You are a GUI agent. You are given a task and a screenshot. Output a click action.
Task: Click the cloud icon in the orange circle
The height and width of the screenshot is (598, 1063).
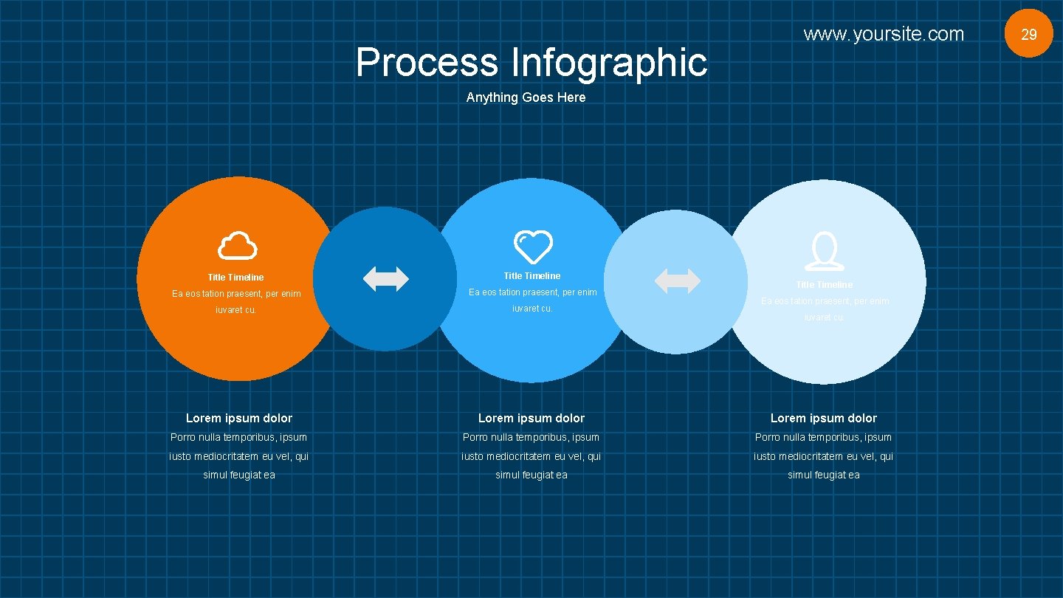[x=238, y=245]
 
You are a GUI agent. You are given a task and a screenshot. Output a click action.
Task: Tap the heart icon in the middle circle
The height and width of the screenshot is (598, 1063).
[x=533, y=247]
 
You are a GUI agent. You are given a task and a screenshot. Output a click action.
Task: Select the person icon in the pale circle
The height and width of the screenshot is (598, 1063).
[x=824, y=252]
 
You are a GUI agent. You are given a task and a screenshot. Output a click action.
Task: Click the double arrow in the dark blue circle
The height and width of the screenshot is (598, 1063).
[x=386, y=279]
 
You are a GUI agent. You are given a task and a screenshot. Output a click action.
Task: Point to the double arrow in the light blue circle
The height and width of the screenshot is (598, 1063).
[x=678, y=281]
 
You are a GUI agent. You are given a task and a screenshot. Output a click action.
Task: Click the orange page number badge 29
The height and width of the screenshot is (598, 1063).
[x=1028, y=34]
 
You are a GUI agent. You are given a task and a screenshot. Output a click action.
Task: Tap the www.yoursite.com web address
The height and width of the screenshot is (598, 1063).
[x=884, y=34]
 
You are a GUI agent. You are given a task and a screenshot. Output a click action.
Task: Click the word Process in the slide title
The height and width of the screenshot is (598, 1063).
[x=427, y=62]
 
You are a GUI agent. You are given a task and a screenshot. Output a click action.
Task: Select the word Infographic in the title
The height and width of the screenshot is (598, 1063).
[x=609, y=62]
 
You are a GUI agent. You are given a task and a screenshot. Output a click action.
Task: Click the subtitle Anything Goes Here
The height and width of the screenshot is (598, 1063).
[x=526, y=97]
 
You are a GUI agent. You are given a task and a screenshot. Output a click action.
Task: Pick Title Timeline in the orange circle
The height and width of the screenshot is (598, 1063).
[x=235, y=278]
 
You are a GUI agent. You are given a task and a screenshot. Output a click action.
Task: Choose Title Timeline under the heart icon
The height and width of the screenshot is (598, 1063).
[x=532, y=276]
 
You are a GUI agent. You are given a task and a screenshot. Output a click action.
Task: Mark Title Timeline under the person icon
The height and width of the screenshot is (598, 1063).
[x=824, y=285]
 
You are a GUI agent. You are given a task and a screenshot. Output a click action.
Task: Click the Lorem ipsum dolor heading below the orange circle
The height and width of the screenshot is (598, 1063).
[x=239, y=419]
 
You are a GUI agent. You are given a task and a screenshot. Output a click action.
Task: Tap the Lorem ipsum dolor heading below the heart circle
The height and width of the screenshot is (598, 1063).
[x=531, y=419]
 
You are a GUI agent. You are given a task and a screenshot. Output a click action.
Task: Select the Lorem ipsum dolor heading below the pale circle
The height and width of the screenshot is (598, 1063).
[x=824, y=419]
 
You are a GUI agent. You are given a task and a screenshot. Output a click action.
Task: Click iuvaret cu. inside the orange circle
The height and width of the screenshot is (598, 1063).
[x=235, y=310]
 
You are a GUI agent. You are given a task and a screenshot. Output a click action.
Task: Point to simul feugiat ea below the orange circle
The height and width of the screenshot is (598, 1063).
[x=239, y=475]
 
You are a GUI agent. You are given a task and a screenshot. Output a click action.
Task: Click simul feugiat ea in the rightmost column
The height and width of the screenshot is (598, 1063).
[x=824, y=475]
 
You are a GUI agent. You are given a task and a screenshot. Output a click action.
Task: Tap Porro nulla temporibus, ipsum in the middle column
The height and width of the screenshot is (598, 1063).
[x=531, y=438]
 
